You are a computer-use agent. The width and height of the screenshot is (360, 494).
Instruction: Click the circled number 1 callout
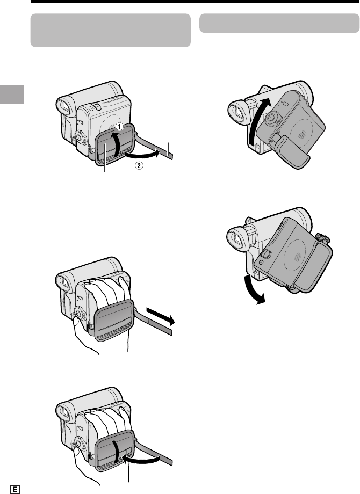coord(119,126)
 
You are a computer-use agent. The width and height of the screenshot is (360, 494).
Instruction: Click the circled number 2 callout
coord(139,165)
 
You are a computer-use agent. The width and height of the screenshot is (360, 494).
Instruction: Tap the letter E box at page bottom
coord(15,489)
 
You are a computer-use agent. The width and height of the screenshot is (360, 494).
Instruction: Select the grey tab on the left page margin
coord(12,94)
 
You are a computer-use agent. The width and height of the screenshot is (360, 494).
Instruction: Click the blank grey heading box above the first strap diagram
coord(110,30)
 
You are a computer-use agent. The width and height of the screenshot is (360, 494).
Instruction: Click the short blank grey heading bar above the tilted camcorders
coord(279,23)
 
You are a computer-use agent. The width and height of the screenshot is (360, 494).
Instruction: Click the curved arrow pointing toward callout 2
coord(142,155)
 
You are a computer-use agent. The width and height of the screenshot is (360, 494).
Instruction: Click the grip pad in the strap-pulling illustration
coord(114,321)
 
